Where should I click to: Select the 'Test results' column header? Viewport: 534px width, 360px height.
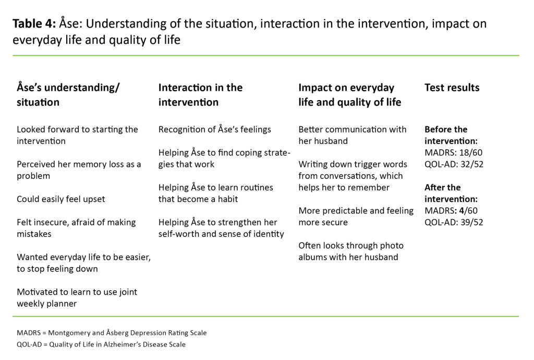(452, 88)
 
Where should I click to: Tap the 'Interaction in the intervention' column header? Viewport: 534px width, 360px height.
(200, 94)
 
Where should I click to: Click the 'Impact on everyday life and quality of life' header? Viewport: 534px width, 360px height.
(349, 94)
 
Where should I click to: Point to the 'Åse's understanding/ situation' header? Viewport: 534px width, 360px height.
(68, 94)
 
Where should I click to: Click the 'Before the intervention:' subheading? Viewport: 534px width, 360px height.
(451, 135)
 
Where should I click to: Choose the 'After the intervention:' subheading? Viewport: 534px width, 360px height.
(451, 193)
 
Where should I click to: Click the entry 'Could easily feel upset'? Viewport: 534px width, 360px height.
(61, 199)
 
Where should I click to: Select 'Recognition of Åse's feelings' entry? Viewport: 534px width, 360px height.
(215, 129)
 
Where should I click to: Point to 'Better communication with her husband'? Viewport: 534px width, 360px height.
(352, 135)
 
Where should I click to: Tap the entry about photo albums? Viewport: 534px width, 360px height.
(351, 251)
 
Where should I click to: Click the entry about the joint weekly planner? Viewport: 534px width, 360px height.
(77, 297)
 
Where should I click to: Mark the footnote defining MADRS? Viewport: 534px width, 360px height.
(112, 333)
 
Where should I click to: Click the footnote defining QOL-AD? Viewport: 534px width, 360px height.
(101, 344)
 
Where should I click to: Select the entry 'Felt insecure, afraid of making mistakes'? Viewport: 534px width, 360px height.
(76, 228)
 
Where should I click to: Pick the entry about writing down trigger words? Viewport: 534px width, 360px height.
(350, 176)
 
